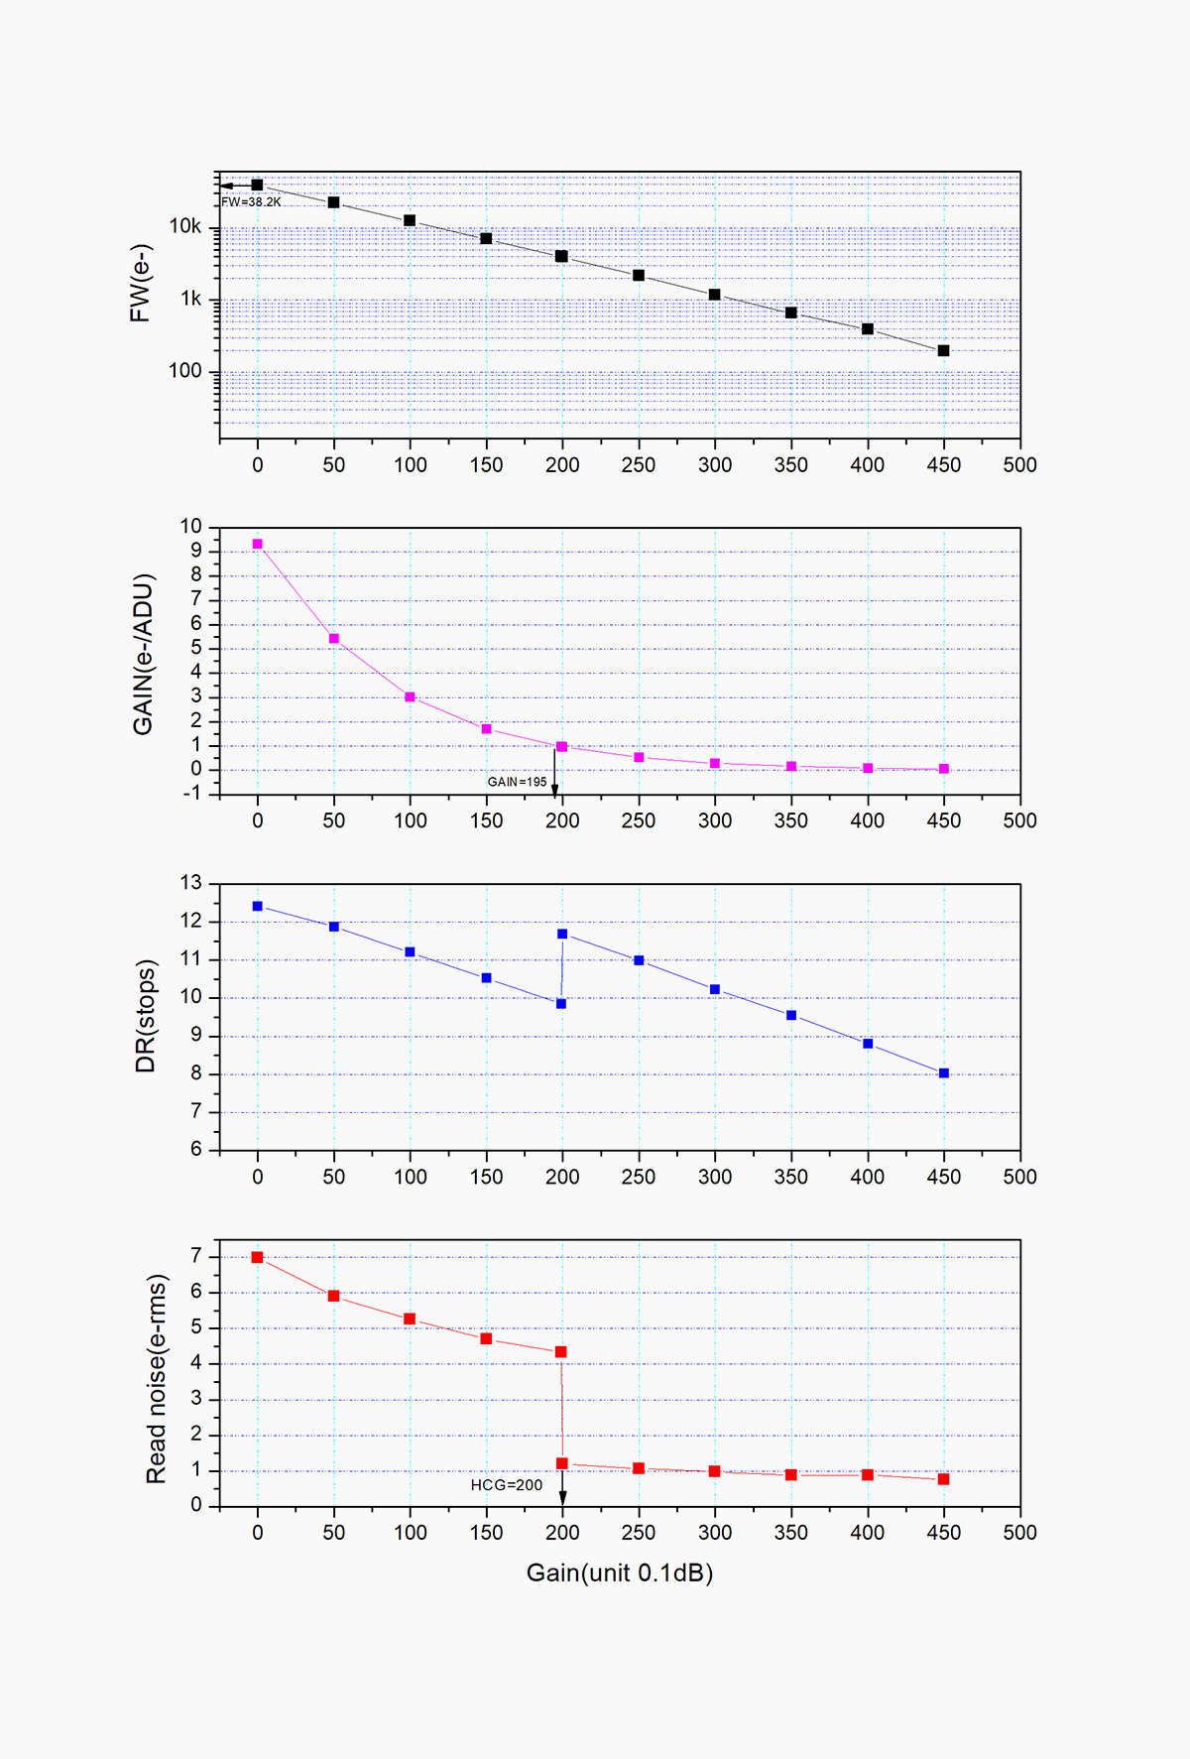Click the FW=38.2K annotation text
click(x=251, y=202)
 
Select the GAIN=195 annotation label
click(x=517, y=782)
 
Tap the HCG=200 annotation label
click(x=507, y=1485)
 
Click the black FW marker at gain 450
click(x=943, y=351)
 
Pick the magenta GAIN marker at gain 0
click(x=258, y=544)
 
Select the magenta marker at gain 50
click(x=334, y=639)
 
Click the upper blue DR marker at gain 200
click(x=562, y=934)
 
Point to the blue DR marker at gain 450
click(x=943, y=1073)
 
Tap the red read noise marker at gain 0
click(x=258, y=1257)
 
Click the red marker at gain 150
click(x=486, y=1339)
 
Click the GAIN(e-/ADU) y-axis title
click(x=144, y=654)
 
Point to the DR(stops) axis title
click(x=146, y=1016)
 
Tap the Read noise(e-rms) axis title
click(x=157, y=1379)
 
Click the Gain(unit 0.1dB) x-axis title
click(x=620, y=1572)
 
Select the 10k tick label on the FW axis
click(x=185, y=227)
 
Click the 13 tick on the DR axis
click(x=190, y=882)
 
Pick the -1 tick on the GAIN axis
click(x=190, y=793)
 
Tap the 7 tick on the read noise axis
click(x=196, y=1256)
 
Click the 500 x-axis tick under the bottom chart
click(x=1019, y=1533)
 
